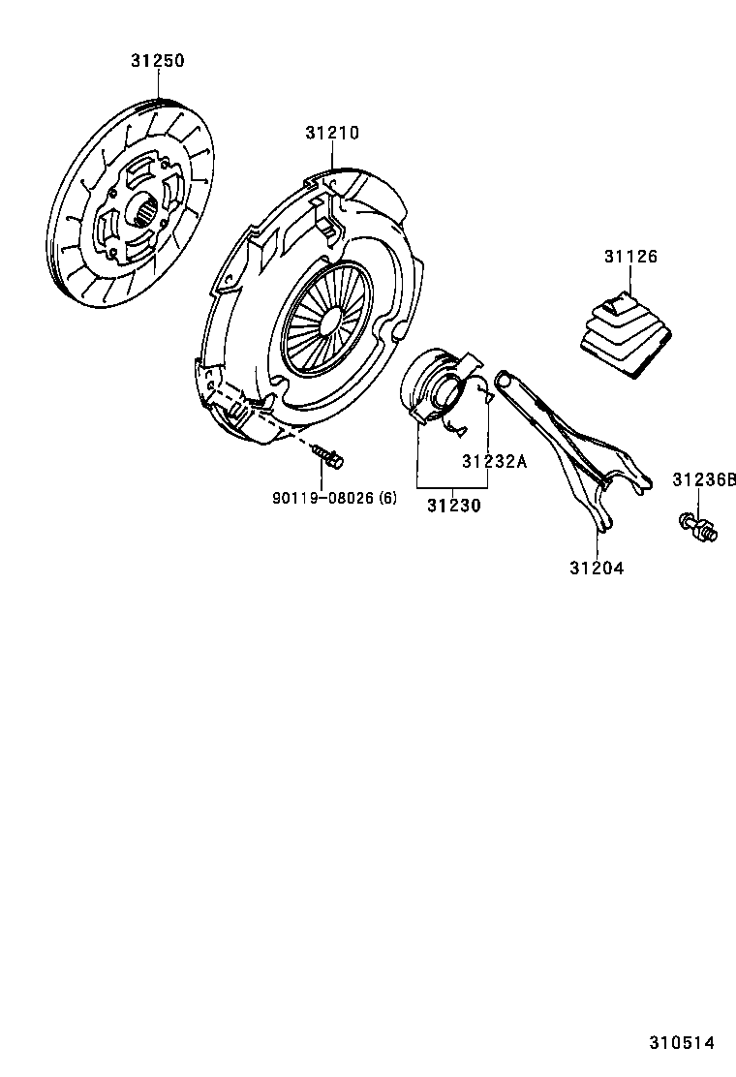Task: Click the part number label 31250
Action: point(157,60)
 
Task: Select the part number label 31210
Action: point(332,133)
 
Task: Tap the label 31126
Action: point(630,257)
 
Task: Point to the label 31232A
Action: point(494,461)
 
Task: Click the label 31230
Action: point(453,505)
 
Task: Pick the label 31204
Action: point(597,568)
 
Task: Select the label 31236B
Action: point(704,479)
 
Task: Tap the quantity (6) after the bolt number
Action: point(387,498)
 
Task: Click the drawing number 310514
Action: point(681,1043)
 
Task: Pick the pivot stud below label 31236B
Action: point(697,527)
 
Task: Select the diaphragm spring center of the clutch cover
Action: point(327,315)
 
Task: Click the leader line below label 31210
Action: point(333,157)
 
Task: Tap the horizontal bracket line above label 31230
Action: point(453,486)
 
